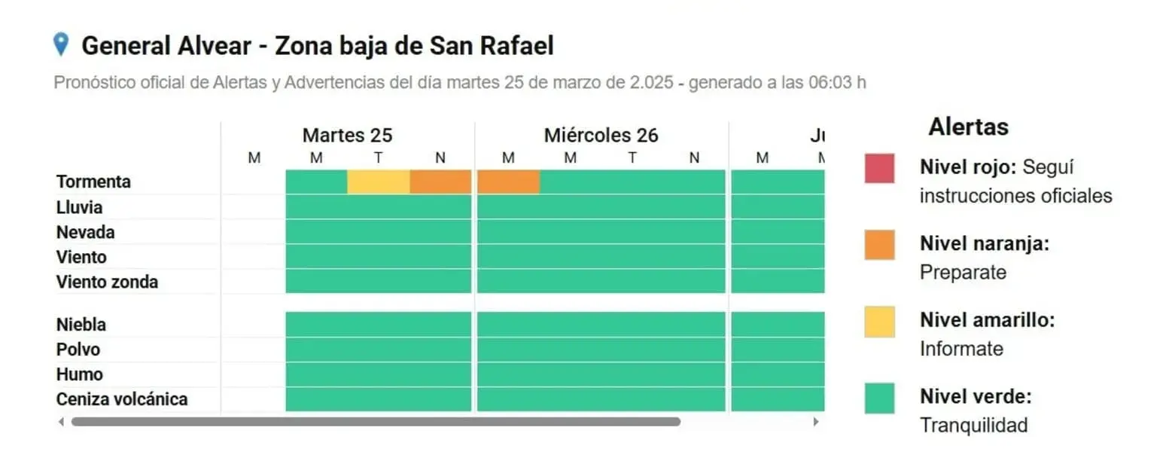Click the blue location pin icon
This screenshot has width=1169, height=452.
(x=61, y=44)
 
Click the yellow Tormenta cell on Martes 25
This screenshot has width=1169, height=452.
(x=379, y=182)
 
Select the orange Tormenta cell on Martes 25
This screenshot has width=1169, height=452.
(x=440, y=182)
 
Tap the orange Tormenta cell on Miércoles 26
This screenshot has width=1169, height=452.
(x=508, y=182)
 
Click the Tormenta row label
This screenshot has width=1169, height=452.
(x=93, y=182)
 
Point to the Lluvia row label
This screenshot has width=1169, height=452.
(x=79, y=207)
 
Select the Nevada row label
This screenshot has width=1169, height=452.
(x=85, y=232)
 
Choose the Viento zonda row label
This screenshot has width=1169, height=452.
(x=107, y=282)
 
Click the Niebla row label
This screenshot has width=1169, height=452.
(x=81, y=325)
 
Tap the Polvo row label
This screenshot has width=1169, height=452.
(x=78, y=350)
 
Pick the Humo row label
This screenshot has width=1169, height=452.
(x=79, y=374)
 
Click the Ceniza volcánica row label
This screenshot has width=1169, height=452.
(x=121, y=399)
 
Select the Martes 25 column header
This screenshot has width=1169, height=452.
(x=347, y=136)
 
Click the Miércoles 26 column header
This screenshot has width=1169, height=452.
(x=601, y=136)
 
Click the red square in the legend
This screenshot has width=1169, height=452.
(x=879, y=168)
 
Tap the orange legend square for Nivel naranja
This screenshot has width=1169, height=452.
(x=879, y=245)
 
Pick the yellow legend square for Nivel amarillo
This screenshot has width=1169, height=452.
(x=879, y=322)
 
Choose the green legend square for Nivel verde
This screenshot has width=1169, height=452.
(x=879, y=399)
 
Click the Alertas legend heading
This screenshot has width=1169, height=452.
(x=968, y=127)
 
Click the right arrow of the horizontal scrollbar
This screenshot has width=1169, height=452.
(x=815, y=422)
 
